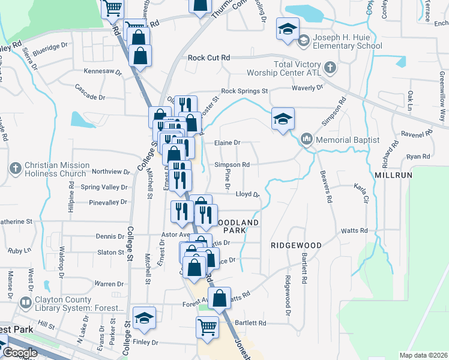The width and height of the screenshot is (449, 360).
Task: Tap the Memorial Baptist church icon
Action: tap(307, 140)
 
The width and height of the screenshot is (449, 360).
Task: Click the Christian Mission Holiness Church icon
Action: tap(16, 166)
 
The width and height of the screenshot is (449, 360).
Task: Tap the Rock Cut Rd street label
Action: tap(209, 58)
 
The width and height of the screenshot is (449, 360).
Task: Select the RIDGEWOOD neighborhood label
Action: tap(296, 245)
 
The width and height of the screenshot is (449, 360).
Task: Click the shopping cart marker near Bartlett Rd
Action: tap(207, 328)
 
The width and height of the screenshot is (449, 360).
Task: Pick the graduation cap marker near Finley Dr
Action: tap(144, 318)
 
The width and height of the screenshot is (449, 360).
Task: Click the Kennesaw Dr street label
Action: tap(103, 71)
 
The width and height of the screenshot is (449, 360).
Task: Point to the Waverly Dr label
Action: tap(307, 87)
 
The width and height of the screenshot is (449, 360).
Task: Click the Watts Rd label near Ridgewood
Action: tap(354, 230)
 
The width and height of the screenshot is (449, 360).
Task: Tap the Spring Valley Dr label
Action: tap(104, 187)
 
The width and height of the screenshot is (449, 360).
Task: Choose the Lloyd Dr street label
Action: tap(247, 194)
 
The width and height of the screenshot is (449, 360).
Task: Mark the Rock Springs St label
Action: tap(244, 91)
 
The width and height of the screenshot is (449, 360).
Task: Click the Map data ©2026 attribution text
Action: tap(423, 355)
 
